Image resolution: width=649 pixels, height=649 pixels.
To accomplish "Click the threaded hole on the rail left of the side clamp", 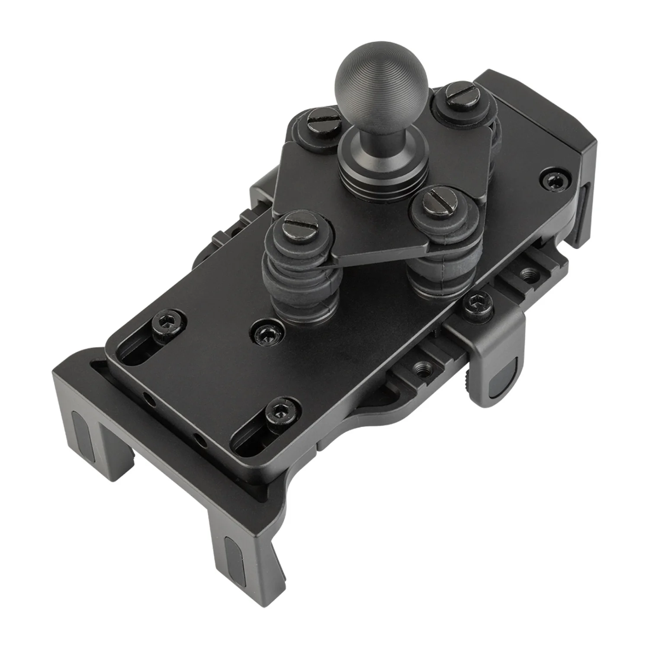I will click(x=419, y=369).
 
